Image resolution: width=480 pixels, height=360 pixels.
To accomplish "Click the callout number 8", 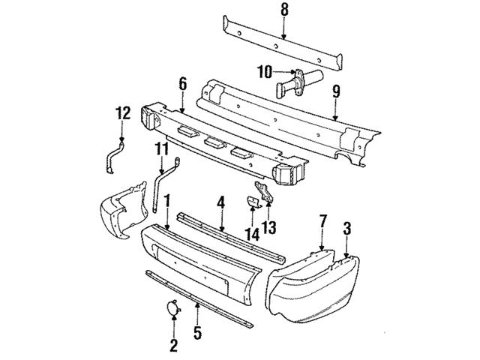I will pyautogui.click(x=284, y=10).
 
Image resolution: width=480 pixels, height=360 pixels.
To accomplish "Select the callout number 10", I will pyautogui.click(x=265, y=72).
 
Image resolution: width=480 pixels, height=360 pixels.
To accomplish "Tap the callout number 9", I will pyautogui.click(x=336, y=94).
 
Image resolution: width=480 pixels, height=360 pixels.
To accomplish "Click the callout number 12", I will pyautogui.click(x=122, y=113).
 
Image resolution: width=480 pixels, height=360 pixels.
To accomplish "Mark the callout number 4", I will pyautogui.click(x=221, y=202).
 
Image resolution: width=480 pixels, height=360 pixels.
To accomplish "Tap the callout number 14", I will pyautogui.click(x=253, y=235).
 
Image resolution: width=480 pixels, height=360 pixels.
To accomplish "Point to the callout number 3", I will pyautogui.click(x=347, y=227).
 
